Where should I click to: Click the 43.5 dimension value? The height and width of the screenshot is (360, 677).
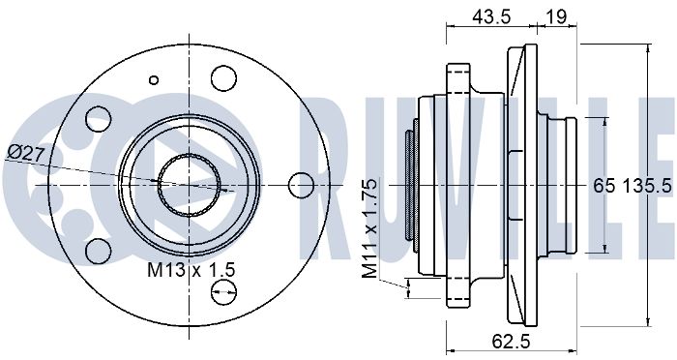point(491,16)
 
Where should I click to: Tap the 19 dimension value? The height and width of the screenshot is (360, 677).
point(556,16)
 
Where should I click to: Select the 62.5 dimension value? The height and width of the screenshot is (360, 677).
point(511,342)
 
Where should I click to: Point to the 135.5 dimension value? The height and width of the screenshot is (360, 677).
point(648,186)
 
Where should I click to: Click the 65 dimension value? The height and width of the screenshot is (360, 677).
point(604,186)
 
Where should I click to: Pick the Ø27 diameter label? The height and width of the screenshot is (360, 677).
point(27,153)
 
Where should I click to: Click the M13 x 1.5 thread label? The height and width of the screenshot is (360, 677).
point(191,271)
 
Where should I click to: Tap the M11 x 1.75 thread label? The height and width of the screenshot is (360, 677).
point(369,229)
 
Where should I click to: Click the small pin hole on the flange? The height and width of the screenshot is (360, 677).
point(153,80)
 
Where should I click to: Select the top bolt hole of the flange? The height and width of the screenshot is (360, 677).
point(223,78)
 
